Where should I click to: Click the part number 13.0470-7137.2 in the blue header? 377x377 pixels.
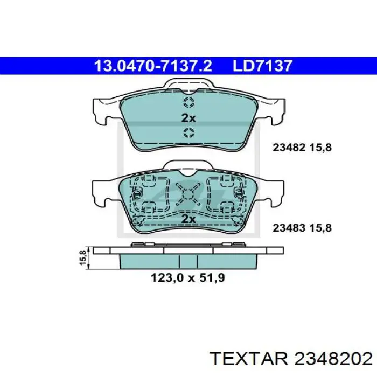coord(153,66)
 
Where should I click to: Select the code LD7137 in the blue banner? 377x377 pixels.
coord(262,66)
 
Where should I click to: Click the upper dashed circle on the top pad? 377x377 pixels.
coord(188,104)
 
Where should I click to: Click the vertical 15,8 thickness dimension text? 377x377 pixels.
coord(82,257)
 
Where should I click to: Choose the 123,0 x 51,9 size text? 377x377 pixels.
coord(187,278)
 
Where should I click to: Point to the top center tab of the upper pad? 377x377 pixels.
coord(188,84)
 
